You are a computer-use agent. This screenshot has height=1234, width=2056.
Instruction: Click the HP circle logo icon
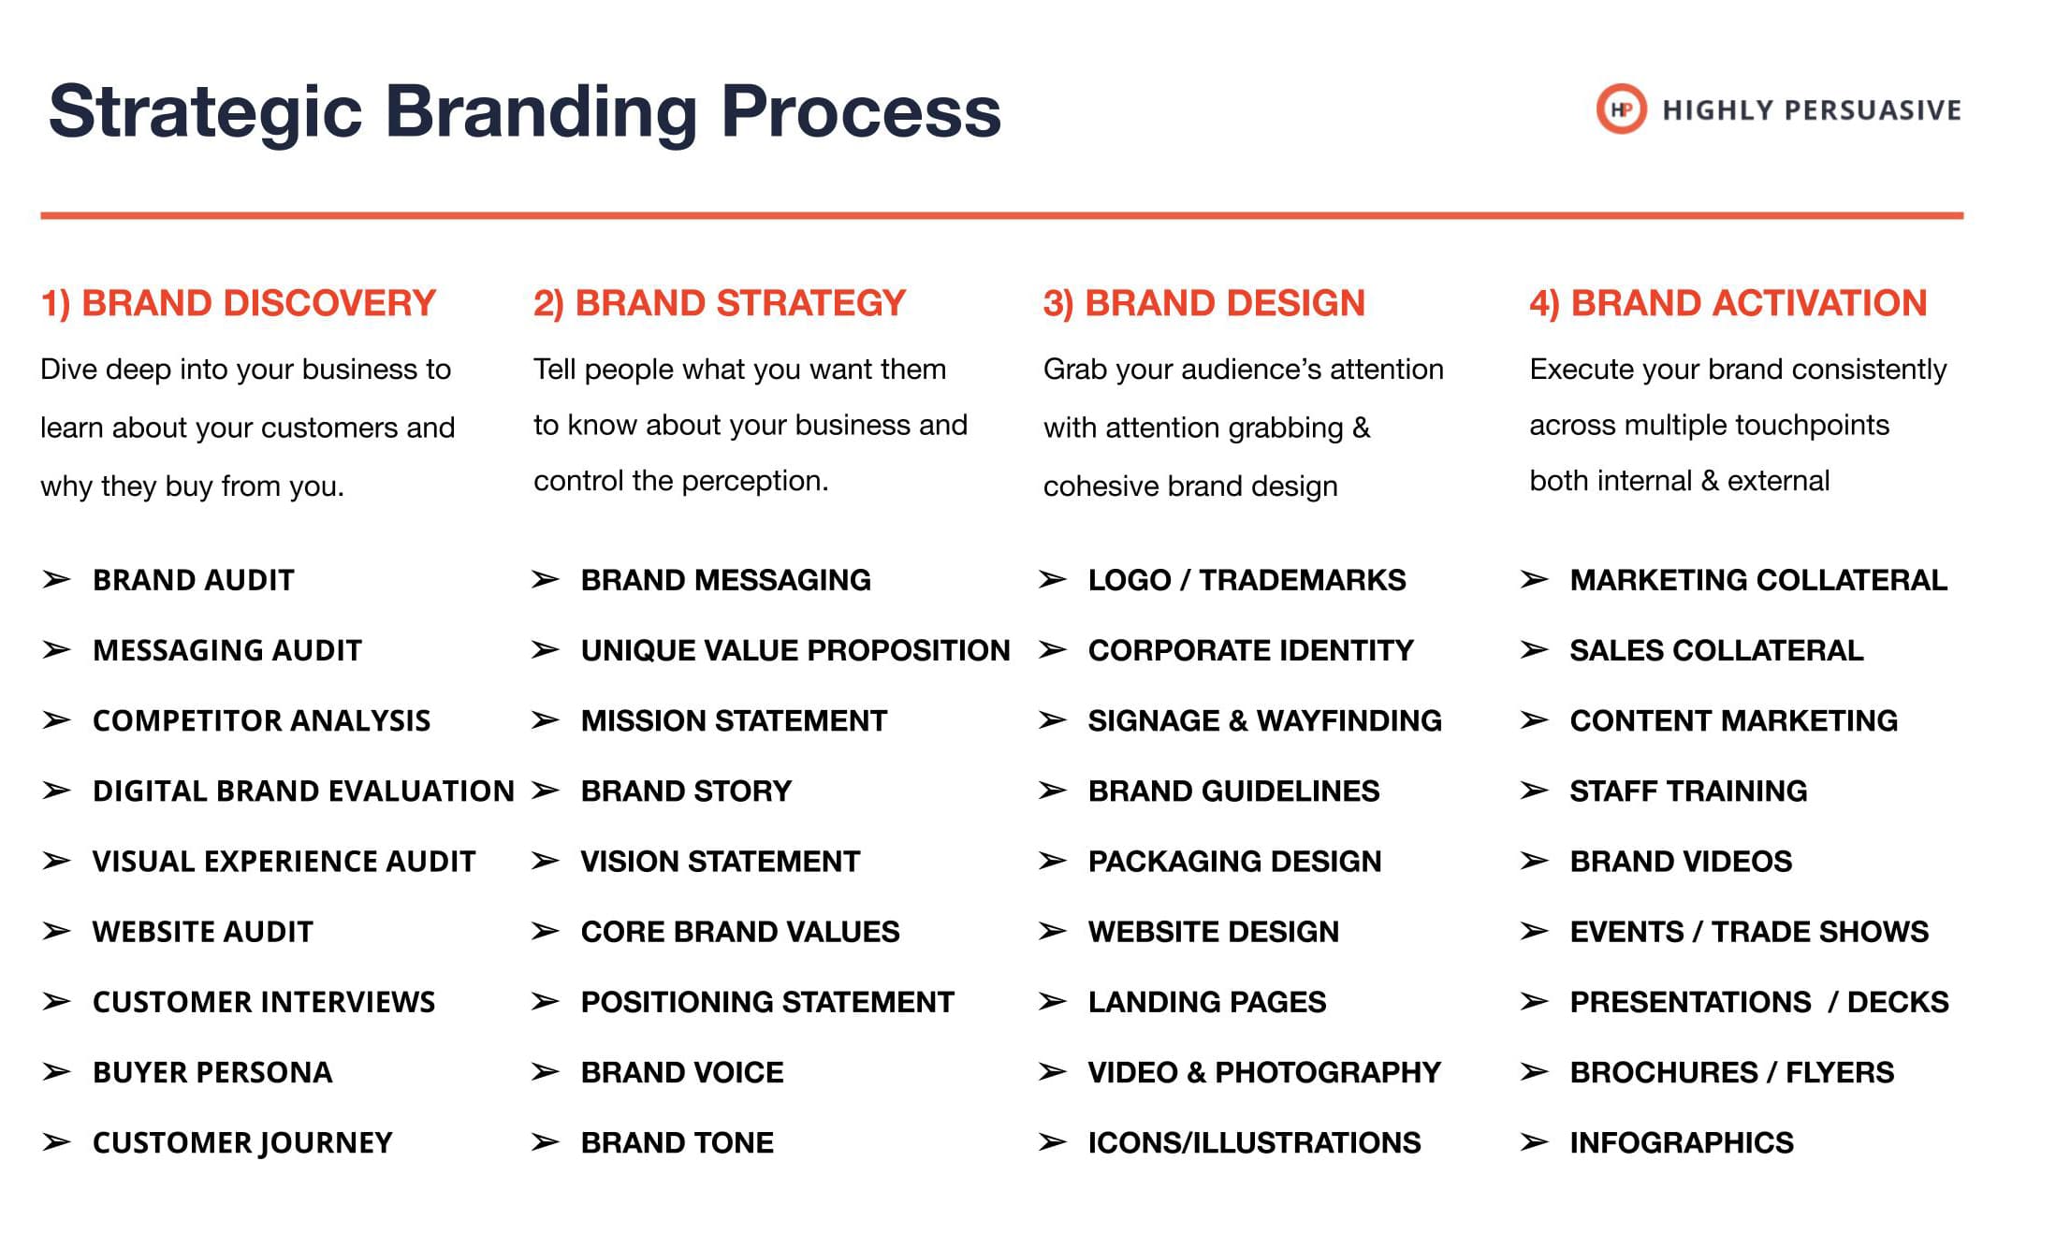(1621, 109)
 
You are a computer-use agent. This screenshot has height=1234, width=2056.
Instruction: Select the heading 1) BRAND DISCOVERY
(239, 303)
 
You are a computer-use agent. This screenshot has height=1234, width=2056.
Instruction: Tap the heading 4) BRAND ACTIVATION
(1728, 303)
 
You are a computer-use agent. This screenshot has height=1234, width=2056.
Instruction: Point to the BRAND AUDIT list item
(194, 580)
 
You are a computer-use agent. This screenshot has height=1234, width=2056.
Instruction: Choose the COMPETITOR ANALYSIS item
(262, 720)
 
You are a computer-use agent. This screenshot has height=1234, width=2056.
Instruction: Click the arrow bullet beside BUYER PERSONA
(56, 1072)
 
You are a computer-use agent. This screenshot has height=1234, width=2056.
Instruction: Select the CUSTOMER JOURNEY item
(242, 1143)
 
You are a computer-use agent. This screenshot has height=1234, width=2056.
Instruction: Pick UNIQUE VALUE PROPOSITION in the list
(795, 650)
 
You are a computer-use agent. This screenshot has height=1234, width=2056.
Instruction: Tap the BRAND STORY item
(686, 791)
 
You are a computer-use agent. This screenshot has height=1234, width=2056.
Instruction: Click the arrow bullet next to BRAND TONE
(545, 1142)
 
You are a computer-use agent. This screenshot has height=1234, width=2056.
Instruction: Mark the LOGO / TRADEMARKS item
(1247, 580)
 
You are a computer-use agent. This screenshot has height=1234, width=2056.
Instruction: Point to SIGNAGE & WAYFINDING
(1265, 720)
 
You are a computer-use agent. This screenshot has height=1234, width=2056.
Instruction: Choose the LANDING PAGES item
(1207, 1002)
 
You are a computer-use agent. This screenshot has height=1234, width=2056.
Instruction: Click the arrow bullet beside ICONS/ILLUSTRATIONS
(1053, 1142)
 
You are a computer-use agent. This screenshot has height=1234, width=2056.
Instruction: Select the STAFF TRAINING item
(1688, 791)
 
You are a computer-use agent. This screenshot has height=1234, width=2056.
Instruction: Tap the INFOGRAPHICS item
(1682, 1142)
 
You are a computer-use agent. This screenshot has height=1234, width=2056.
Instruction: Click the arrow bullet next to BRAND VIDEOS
(1534, 861)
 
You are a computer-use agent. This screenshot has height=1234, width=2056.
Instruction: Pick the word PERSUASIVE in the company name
(1872, 110)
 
